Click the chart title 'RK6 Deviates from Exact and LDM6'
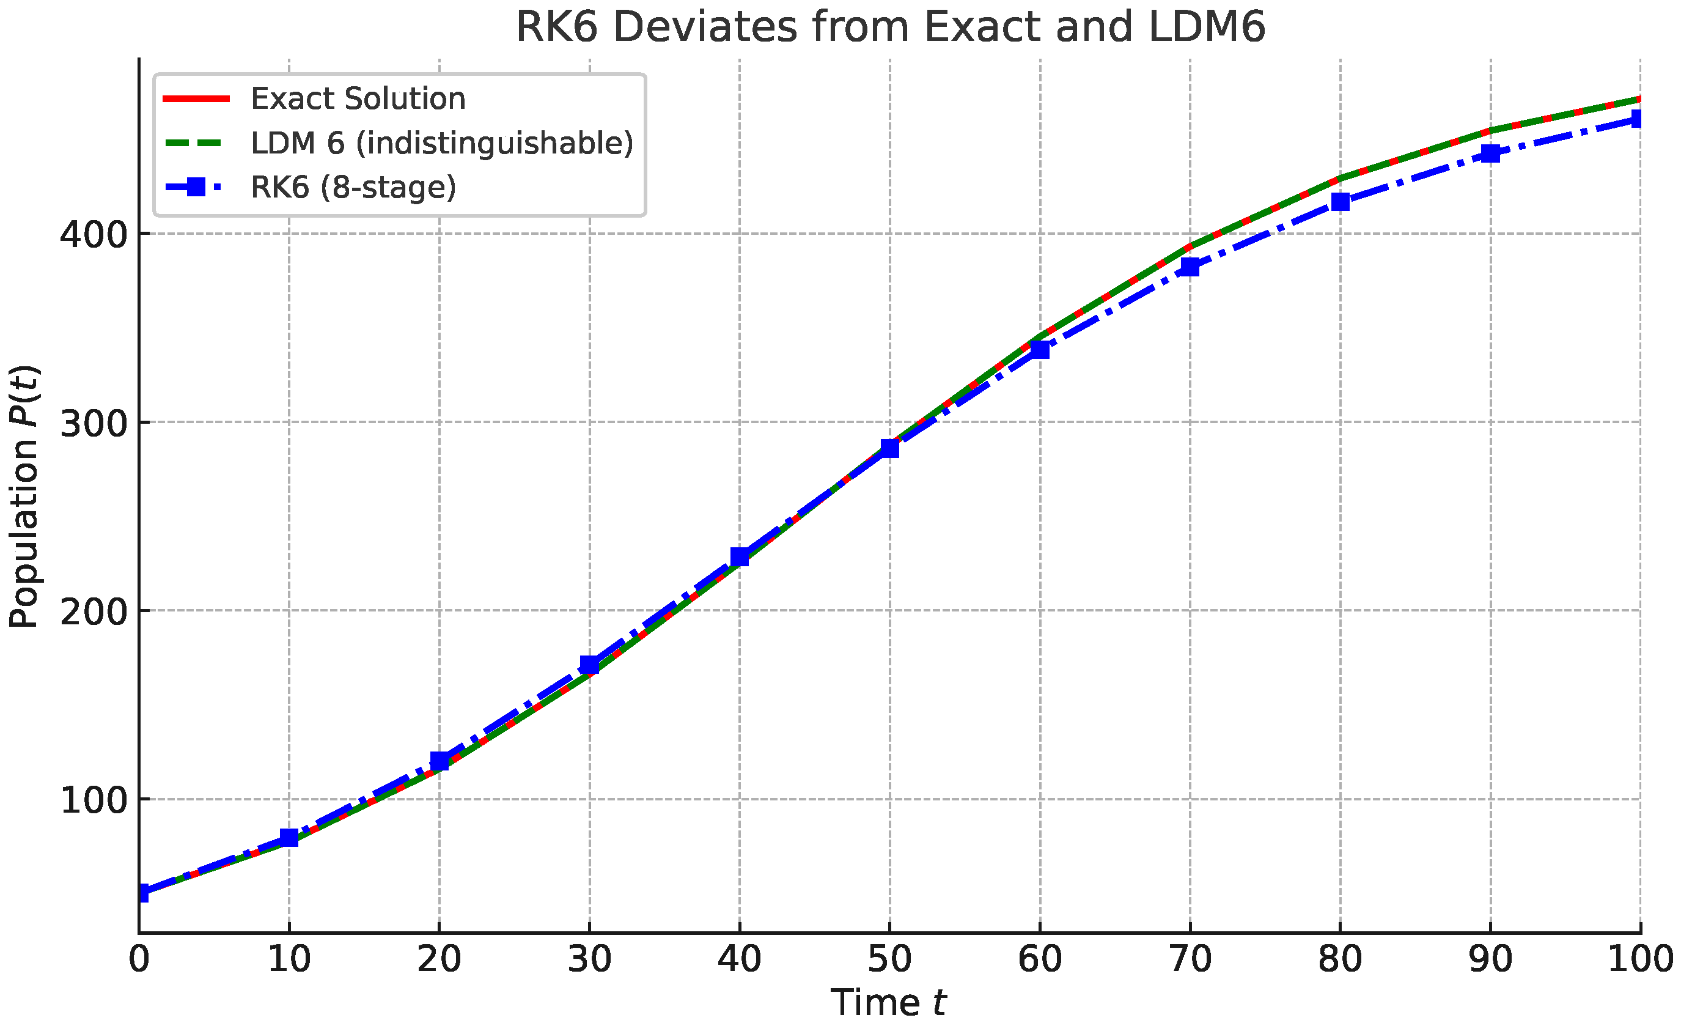[x=889, y=28]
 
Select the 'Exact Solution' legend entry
[x=358, y=99]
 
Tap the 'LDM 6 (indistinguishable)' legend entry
[x=441, y=143]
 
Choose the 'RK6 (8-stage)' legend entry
[x=353, y=187]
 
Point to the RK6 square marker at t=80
[x=1340, y=202]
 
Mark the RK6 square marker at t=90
[x=1491, y=153]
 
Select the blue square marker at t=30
[x=589, y=665]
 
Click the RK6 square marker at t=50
[x=889, y=448]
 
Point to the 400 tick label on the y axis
[x=94, y=235]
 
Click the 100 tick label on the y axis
[x=94, y=800]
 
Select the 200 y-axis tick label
[x=94, y=611]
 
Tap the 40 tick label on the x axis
[x=740, y=959]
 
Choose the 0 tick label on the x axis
[x=139, y=959]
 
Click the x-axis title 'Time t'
[x=888, y=1003]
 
